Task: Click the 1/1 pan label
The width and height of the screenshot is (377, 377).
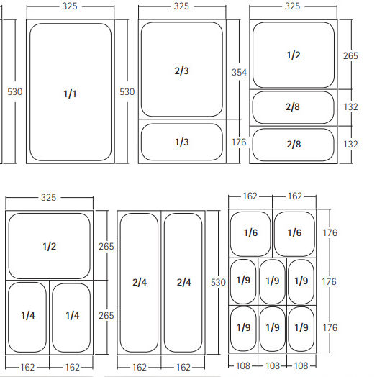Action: coord(70,94)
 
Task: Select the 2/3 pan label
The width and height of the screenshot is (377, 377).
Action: coord(181,71)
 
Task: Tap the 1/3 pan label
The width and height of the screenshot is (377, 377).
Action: coord(182,142)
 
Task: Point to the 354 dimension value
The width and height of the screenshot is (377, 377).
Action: coord(240,73)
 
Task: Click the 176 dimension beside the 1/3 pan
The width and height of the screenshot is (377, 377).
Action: coord(239,142)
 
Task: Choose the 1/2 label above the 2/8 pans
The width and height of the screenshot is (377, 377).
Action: coord(294,55)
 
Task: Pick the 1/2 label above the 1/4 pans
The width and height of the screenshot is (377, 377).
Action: coord(50,247)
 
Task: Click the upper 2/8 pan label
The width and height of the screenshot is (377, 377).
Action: coord(293,106)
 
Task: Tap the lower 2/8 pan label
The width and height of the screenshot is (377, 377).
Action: coord(294,145)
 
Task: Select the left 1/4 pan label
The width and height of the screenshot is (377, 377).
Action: coord(28,315)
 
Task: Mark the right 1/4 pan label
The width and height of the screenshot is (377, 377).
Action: coord(73,315)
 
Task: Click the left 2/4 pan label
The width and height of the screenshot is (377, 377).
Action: coord(140,282)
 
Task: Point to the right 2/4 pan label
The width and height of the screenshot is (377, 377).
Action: coord(184,282)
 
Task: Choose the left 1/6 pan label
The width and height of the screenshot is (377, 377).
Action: coord(251,232)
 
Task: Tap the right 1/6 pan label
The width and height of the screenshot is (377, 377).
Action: coord(294,232)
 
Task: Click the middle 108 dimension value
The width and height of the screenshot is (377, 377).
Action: coord(273,366)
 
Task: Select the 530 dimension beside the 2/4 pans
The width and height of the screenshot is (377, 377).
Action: coord(218,282)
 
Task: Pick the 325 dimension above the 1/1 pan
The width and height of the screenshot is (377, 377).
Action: coord(70,6)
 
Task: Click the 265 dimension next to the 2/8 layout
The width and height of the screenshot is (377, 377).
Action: coord(350,56)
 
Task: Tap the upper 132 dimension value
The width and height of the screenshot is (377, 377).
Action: coord(351,106)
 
